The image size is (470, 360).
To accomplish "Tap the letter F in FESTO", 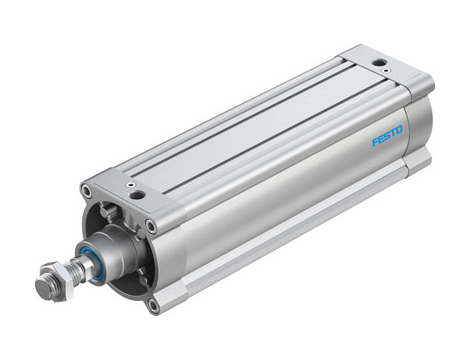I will pyautogui.click(x=376, y=142).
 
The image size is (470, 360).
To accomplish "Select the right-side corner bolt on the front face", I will pyautogui.click(x=151, y=227).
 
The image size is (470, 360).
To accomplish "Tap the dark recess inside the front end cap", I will pyautogui.click(x=130, y=270).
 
